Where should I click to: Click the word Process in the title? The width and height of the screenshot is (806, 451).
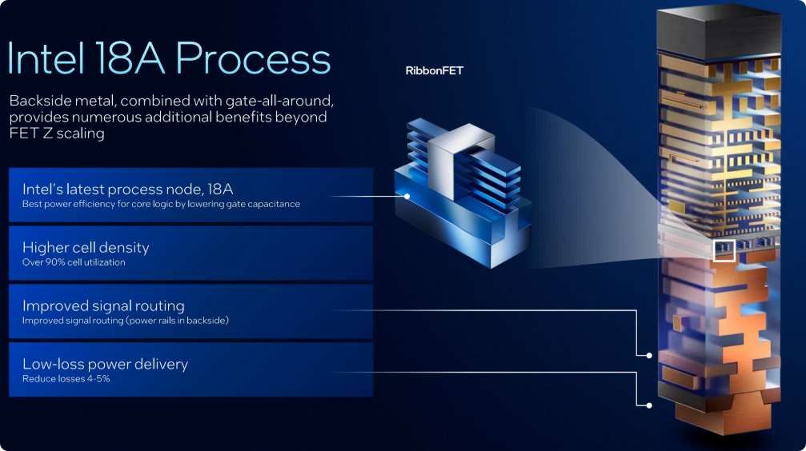click(x=253, y=58)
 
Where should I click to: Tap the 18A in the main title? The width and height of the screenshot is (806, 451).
click(x=130, y=58)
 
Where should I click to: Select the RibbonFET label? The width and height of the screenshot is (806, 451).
click(x=435, y=71)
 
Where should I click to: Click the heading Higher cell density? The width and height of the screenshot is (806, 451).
click(x=86, y=248)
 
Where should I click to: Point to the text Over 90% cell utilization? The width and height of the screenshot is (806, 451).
click(x=74, y=262)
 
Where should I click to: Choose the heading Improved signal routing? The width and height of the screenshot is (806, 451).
click(x=103, y=305)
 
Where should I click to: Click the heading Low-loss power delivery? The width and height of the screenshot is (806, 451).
click(x=106, y=364)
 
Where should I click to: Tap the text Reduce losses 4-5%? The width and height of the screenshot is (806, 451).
click(x=66, y=378)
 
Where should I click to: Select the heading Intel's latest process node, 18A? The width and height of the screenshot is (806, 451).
click(x=127, y=189)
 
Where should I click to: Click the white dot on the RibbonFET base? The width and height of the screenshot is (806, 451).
click(x=407, y=196)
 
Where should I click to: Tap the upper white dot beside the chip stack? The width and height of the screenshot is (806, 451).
click(x=649, y=356)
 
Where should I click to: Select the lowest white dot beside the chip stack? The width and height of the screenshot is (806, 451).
click(x=649, y=405)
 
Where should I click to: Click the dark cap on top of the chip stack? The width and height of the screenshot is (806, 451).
click(x=719, y=32)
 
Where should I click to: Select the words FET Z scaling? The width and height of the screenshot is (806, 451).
click(x=57, y=134)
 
